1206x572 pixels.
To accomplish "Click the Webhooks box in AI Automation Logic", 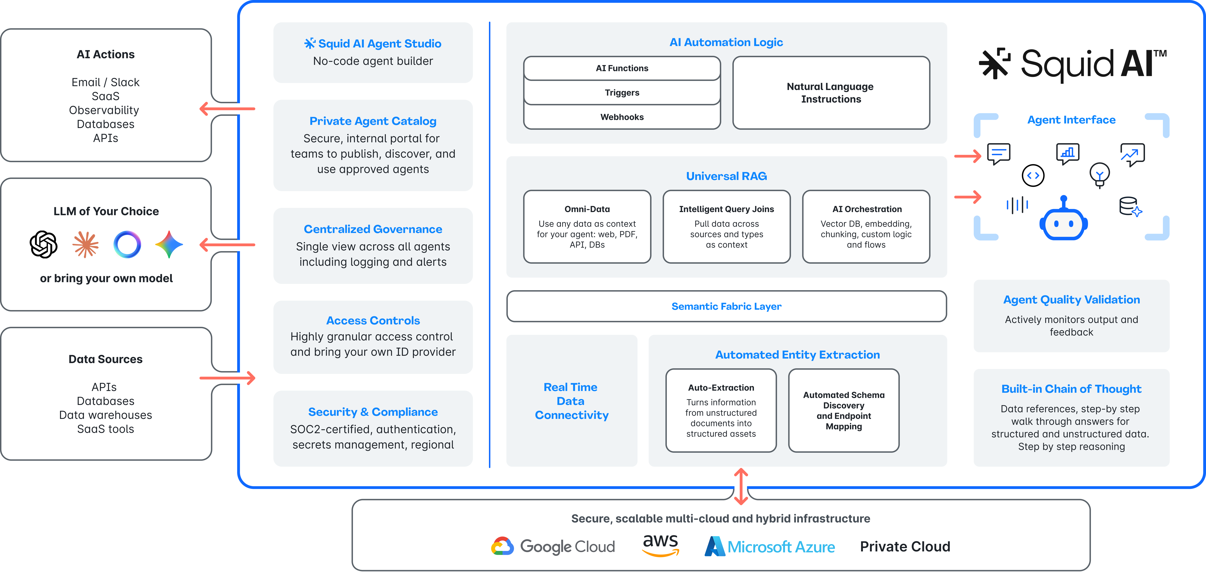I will point(622,117).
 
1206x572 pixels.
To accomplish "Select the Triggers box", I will point(622,93).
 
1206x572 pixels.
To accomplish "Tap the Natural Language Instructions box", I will point(831,93).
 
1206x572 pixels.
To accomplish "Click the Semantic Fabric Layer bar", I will point(726,306).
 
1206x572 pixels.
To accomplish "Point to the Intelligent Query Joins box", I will point(726,227).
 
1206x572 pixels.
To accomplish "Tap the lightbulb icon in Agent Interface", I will point(1099,175).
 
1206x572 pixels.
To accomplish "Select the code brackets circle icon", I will point(1033,176).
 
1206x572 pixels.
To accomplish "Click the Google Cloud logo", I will point(552,546).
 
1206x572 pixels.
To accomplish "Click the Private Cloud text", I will point(905,546).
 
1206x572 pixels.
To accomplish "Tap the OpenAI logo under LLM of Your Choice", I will point(44,244).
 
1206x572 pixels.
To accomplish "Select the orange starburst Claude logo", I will point(86,244).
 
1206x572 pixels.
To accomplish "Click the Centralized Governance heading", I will point(373,229).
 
